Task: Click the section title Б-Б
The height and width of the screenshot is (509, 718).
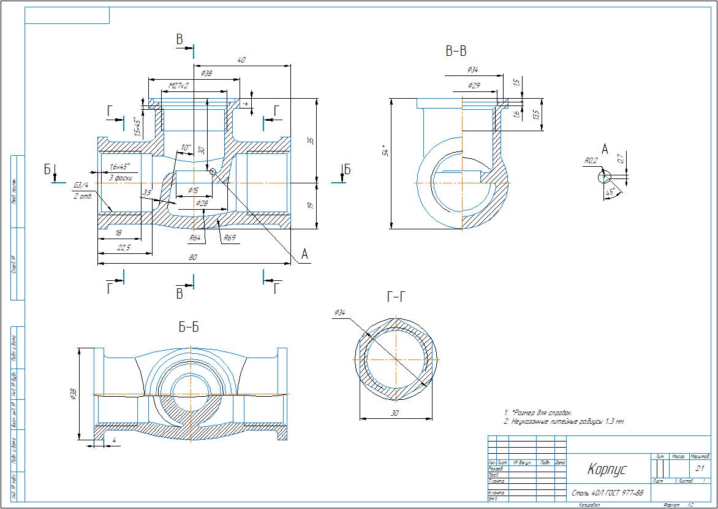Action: (189, 327)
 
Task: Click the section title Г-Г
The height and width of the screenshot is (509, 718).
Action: (396, 298)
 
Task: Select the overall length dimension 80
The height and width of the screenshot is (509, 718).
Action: (193, 258)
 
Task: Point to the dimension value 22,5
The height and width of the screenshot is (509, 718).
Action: (124, 247)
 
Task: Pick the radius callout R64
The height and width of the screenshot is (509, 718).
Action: (195, 237)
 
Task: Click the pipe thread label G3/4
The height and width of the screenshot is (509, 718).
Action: (81, 185)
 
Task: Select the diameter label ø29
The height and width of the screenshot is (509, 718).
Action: (474, 85)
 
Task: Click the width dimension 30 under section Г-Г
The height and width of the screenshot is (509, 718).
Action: (395, 413)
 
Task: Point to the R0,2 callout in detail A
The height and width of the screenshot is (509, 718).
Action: (591, 161)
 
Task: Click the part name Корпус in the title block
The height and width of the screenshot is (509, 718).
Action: (607, 470)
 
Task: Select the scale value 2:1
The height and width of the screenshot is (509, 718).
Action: (700, 468)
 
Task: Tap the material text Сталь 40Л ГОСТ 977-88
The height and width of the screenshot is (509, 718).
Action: (607, 492)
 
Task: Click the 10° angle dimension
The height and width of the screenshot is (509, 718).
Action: (186, 148)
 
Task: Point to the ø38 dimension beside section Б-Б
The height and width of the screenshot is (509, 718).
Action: (73, 394)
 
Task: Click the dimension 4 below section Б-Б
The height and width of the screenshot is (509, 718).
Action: (113, 440)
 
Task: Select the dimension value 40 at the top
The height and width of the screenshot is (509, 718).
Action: (241, 60)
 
